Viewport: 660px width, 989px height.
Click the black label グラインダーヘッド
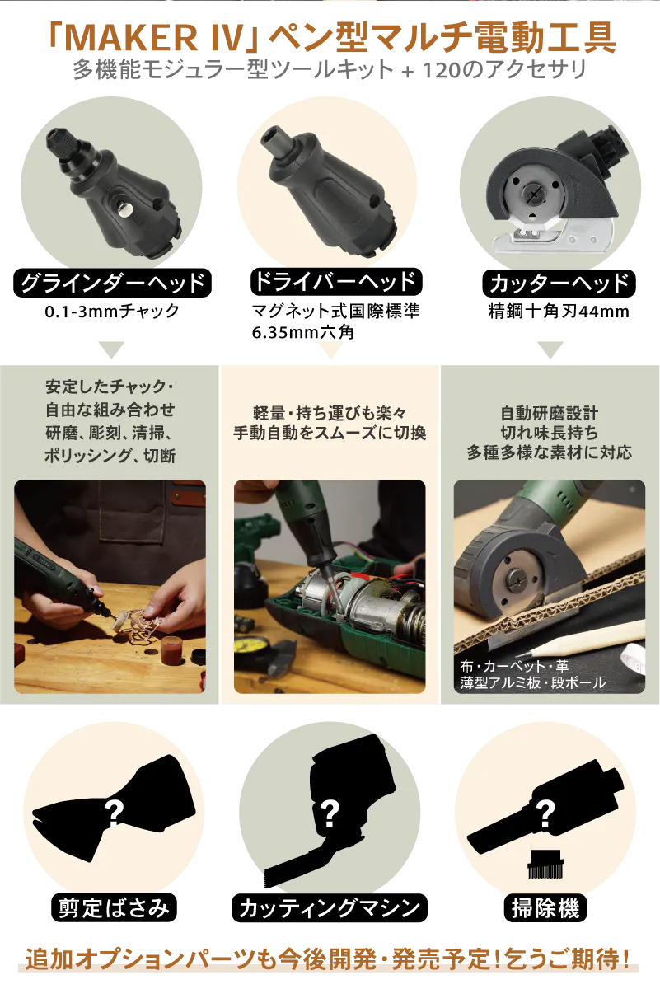point(113,283)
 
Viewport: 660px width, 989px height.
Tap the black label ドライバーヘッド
point(336,282)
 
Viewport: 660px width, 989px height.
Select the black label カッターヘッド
point(559,284)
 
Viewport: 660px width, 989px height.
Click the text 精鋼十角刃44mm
point(559,312)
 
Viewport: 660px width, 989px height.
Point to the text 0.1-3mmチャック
point(112,312)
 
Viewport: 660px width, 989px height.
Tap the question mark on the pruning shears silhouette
point(114,813)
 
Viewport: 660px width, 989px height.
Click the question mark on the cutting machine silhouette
point(330,813)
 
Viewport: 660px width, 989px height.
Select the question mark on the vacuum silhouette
point(545,813)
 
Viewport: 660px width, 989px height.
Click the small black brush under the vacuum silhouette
point(545,864)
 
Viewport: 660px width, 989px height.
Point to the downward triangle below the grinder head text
point(111,349)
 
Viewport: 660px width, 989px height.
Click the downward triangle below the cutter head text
point(550,349)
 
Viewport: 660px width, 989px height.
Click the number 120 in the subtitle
point(442,70)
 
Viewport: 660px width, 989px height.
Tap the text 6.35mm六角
point(303,332)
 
